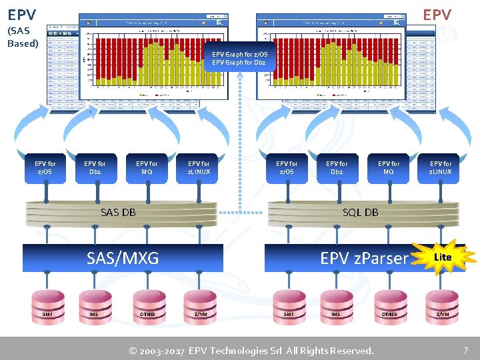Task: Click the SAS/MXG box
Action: click(x=123, y=258)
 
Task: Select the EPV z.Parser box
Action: click(x=363, y=258)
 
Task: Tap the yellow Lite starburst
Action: click(x=442, y=257)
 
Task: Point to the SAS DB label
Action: click(x=118, y=213)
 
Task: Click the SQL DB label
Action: click(x=360, y=213)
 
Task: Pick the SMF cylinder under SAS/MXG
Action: click(x=47, y=313)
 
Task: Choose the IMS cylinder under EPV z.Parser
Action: click(x=336, y=313)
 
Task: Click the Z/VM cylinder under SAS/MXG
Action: click(x=200, y=313)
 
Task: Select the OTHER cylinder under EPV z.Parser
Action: click(x=389, y=313)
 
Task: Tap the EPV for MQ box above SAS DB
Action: click(x=147, y=168)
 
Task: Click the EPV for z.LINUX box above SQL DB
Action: click(x=441, y=168)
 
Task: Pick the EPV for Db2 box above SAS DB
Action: click(x=95, y=168)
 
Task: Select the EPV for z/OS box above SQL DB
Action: click(x=287, y=168)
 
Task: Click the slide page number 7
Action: click(x=465, y=350)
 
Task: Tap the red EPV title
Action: click(x=437, y=15)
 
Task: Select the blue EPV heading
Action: click(x=22, y=13)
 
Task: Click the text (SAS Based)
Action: click(x=23, y=37)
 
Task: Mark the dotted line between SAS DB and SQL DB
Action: click(x=242, y=213)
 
